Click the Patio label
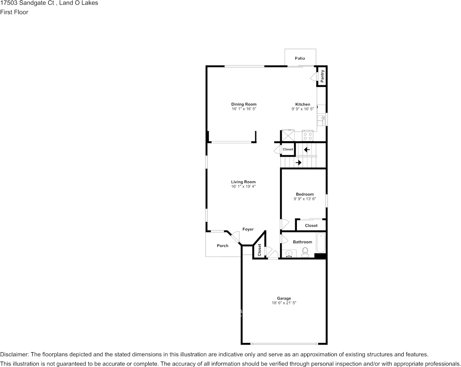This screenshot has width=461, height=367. click(x=300, y=58)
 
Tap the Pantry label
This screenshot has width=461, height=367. click(x=322, y=76)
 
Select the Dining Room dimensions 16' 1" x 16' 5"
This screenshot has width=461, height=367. click(x=244, y=109)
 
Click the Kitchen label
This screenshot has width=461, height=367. click(x=303, y=104)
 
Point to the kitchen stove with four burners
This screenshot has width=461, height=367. click(x=308, y=136)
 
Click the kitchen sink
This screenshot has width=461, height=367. click(x=321, y=121)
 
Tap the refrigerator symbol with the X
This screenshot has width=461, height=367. click(x=288, y=136)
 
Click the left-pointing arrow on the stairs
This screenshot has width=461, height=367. click(x=307, y=149)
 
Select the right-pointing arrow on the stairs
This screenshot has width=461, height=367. click(x=298, y=163)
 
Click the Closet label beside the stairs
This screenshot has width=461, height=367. click(x=288, y=149)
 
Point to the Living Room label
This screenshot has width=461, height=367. click(x=243, y=182)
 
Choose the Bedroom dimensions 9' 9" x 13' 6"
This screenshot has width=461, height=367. click(x=305, y=199)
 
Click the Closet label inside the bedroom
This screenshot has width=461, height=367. click(x=311, y=225)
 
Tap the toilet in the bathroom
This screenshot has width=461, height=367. click(x=305, y=253)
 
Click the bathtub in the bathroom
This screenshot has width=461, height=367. click(x=321, y=243)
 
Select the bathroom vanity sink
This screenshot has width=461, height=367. click(x=289, y=254)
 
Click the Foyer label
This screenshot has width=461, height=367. click(x=248, y=229)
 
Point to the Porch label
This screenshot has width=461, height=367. click(x=222, y=246)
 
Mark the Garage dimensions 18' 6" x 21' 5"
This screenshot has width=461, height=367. click(x=284, y=303)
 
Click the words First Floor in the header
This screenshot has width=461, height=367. click(x=14, y=12)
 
